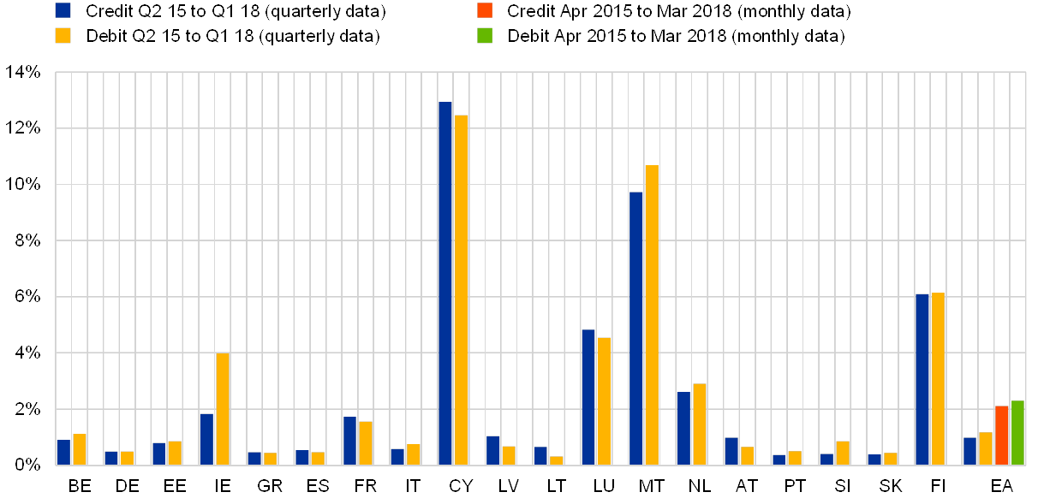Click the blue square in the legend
[63, 11]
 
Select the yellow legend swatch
[63, 36]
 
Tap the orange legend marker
[484, 11]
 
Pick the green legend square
[484, 36]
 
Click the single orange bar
[1001, 436]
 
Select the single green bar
[1017, 433]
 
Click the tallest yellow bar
[462, 290]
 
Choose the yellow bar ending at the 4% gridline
[223, 409]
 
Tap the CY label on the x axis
[461, 487]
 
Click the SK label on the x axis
[891, 487]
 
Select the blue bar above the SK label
[874, 460]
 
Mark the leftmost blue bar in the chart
[63, 453]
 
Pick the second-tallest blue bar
[635, 329]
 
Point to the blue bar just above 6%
[922, 380]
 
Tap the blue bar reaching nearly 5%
[588, 398]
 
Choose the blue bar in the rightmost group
[970, 451]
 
